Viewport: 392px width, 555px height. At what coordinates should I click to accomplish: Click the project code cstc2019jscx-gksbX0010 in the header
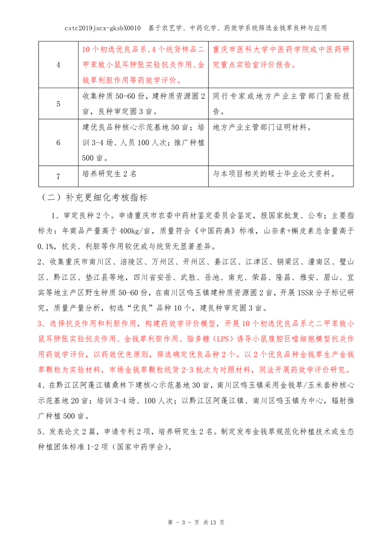coord(103,28)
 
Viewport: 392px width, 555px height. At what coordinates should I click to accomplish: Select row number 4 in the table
coord(58,66)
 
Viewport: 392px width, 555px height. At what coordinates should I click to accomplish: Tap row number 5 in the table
coord(58,104)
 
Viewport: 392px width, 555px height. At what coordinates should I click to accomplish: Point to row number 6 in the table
coord(58,142)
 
